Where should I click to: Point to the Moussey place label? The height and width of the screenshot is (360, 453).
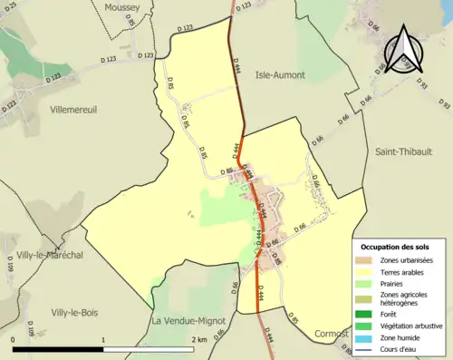(122, 6)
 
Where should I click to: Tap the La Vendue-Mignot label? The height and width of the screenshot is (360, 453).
(188, 321)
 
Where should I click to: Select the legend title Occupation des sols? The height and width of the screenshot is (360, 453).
(395, 247)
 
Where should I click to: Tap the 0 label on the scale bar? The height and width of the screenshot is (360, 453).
(14, 340)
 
